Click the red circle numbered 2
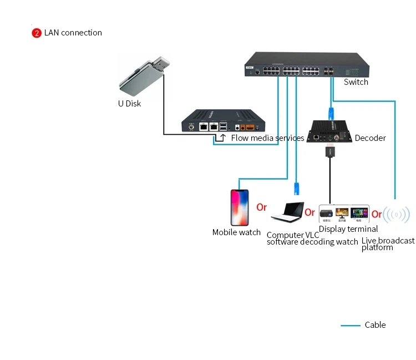37,33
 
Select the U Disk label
129,103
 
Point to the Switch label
356,82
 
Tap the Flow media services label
267,138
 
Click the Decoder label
370,138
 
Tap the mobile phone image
240,207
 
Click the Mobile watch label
236,232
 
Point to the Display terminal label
348,229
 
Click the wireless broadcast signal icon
397,214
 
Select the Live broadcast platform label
388,244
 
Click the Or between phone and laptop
261,207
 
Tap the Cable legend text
375,325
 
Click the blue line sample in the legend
350,326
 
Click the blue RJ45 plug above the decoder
331,111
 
